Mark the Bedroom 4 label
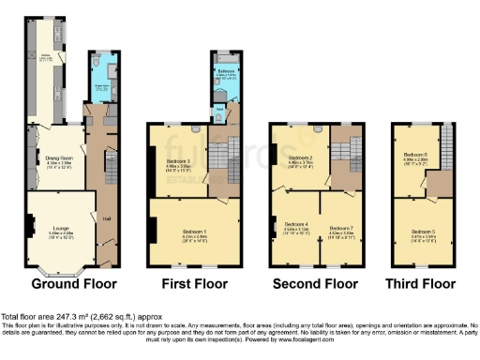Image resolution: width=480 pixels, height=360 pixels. [x=294, y=225]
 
